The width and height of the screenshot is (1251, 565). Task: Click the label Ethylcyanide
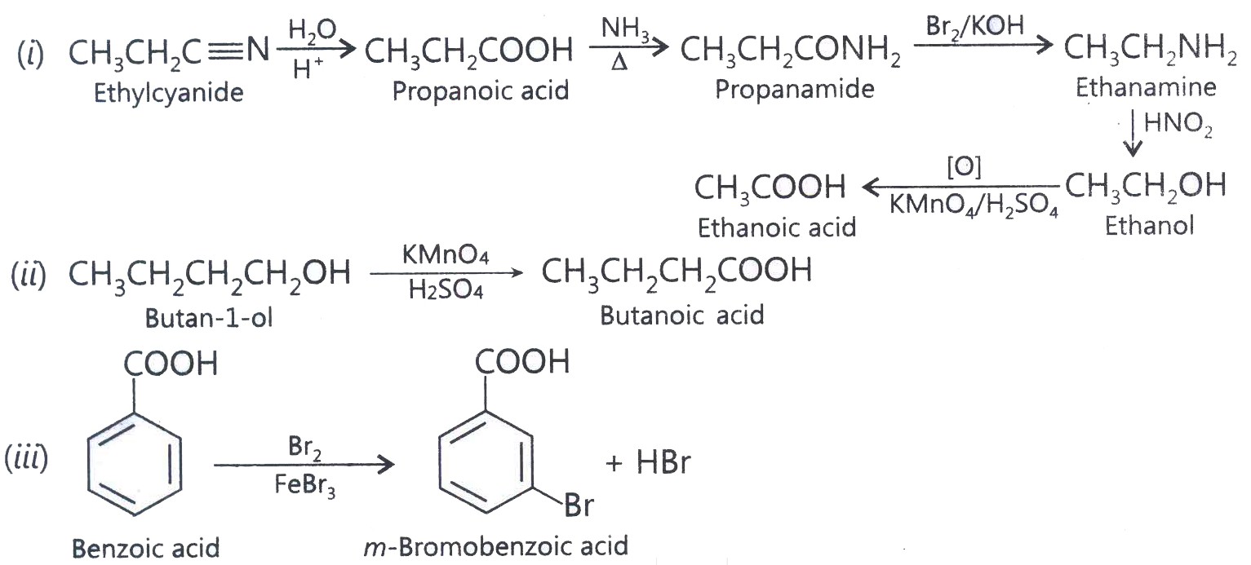[x=169, y=93]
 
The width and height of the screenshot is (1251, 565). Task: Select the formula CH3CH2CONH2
[x=790, y=51]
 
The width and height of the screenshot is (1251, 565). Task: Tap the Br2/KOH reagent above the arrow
[x=975, y=26]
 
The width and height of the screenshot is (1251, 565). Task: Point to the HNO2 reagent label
[x=1178, y=123]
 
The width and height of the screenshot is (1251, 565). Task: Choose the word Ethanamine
[x=1146, y=87]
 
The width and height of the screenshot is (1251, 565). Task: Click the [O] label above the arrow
[x=964, y=166]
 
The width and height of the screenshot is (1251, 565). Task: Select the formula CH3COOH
[x=770, y=188]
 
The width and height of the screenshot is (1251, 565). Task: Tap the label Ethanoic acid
[x=777, y=227]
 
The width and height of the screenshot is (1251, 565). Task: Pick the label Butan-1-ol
[x=209, y=319]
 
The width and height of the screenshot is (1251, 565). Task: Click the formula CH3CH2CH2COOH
[x=677, y=273]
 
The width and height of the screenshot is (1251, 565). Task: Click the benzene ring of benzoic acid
[x=134, y=465]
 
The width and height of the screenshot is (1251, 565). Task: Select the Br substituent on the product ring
[x=579, y=505]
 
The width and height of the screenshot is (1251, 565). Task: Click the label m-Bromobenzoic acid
[x=496, y=546]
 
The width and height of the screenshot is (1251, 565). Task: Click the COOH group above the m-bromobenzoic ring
[x=522, y=361]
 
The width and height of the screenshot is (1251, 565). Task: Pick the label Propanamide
[x=795, y=89]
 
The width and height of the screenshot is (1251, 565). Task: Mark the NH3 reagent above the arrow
[x=625, y=29]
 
